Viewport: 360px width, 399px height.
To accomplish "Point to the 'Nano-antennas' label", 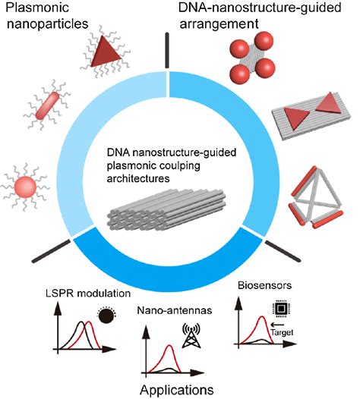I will click(x=163, y=309).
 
